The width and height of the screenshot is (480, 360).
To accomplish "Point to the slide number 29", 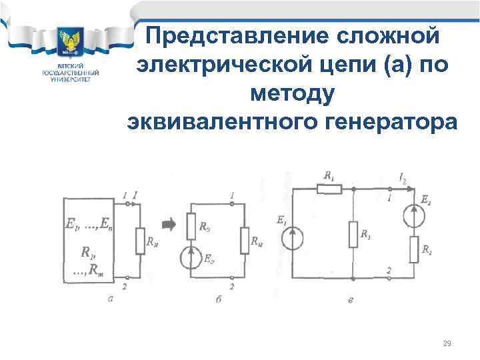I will tap(447, 343).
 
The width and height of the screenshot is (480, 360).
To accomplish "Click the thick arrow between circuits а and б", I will tap(169, 224).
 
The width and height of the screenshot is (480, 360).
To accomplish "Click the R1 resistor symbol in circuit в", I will tap(329, 189).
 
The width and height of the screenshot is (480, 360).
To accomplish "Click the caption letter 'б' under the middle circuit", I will tap(219, 300).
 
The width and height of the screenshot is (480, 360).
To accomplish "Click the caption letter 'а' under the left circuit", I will tap(111, 299).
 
